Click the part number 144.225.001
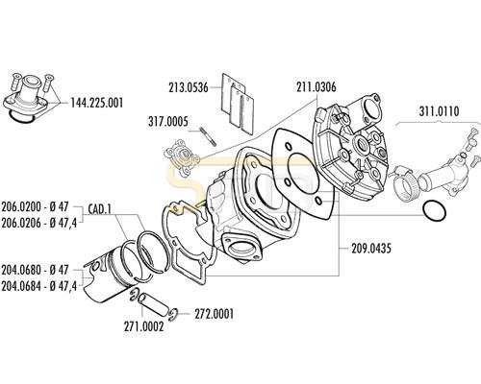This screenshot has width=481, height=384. [x=96, y=104]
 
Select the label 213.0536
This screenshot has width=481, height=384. [x=189, y=87]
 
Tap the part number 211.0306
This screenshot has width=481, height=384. [x=316, y=87]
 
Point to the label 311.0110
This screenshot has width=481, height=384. [x=439, y=111]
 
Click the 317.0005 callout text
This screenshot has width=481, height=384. [x=168, y=122]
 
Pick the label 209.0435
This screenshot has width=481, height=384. [x=371, y=249]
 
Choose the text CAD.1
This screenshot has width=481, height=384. [x=99, y=209]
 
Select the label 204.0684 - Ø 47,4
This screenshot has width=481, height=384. [x=39, y=286]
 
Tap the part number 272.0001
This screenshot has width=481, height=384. [x=214, y=314]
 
